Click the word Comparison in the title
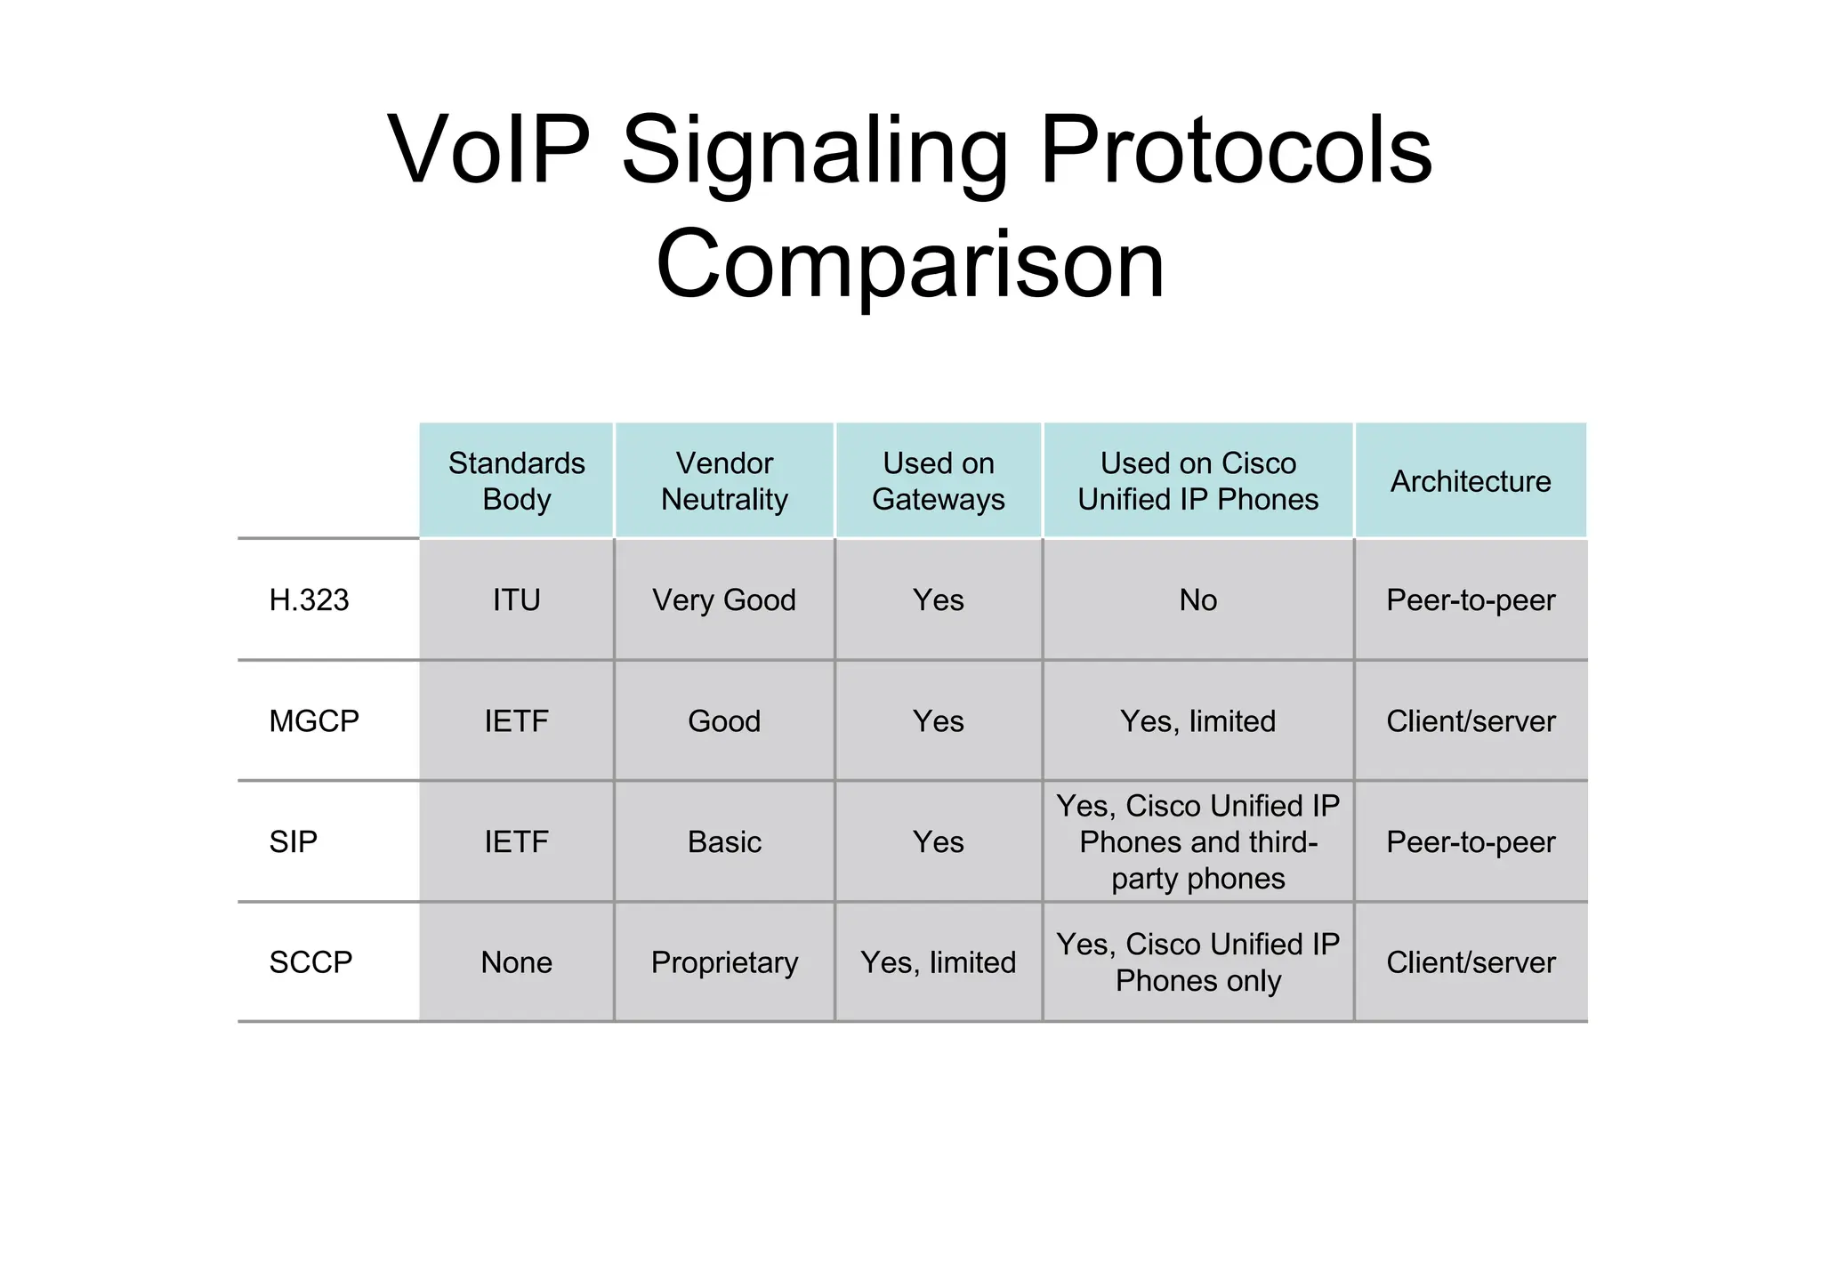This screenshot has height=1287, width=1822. click(x=909, y=264)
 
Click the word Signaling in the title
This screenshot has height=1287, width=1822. click(x=814, y=151)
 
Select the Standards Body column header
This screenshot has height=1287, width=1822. click(x=516, y=481)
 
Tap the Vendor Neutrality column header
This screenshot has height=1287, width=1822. click(x=724, y=481)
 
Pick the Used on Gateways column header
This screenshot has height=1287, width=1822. click(x=938, y=481)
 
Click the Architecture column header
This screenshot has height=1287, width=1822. click(x=1470, y=481)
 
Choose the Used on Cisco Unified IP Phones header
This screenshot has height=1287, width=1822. click(x=1197, y=481)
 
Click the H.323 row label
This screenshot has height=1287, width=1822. click(x=309, y=600)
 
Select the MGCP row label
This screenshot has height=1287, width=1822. click(x=313, y=721)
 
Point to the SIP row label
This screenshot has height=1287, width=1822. click(x=293, y=841)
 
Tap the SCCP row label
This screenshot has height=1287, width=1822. click(x=310, y=962)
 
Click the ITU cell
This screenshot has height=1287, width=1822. click(x=516, y=600)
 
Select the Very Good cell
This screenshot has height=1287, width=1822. click(x=724, y=600)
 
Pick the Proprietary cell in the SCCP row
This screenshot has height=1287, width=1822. click(x=724, y=962)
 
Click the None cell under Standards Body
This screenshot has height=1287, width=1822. click(x=516, y=962)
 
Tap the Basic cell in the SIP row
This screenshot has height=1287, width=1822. click(x=724, y=841)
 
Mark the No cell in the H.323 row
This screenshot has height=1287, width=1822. click(x=1197, y=600)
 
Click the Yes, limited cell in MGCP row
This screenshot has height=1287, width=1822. click(x=1197, y=721)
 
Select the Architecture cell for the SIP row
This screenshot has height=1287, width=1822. click(x=1470, y=841)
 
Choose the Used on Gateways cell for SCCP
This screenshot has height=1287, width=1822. click(x=938, y=962)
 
